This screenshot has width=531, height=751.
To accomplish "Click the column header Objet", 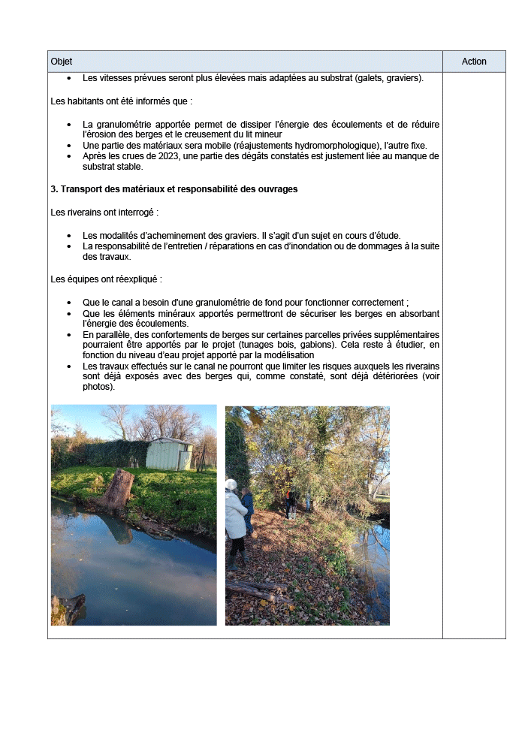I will pos(62,62).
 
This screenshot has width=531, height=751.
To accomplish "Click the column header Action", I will pos(474,62).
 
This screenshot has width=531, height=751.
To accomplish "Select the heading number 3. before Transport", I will pos(54,189).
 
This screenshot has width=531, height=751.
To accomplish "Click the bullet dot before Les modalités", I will pos(69,235).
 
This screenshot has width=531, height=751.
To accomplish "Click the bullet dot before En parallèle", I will pos(69,335).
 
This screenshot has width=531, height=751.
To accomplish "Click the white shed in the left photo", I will pos(169,454).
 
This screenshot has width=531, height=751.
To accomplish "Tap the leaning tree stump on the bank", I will pos(119,490).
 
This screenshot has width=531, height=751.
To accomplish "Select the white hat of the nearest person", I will pos(231,485).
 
